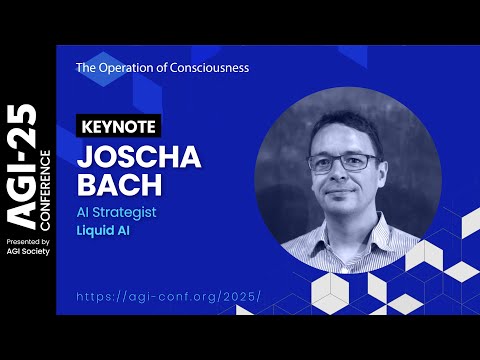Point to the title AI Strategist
click(x=116, y=213)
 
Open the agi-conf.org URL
click(x=167, y=296)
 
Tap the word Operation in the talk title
click(x=122, y=68)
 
